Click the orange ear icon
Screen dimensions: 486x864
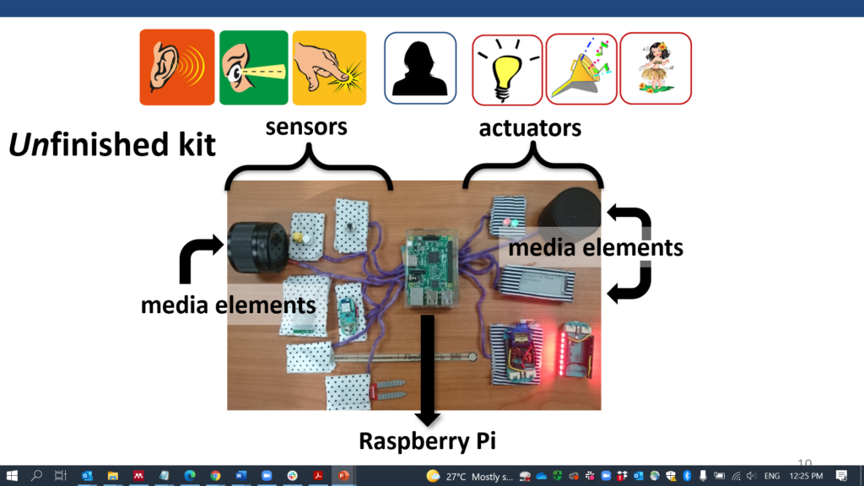177,67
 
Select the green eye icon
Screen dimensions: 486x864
254,67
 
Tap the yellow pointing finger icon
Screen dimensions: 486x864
329,67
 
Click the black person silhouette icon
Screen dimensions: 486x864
420,67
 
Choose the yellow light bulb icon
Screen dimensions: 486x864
506,69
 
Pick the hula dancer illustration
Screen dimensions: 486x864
656,69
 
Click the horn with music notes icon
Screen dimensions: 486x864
580,69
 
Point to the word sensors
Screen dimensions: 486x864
306,127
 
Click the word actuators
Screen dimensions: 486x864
530,128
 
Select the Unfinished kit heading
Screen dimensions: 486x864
112,145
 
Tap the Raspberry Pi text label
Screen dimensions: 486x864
426,441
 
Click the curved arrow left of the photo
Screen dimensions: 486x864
199,258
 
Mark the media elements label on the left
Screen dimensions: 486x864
228,305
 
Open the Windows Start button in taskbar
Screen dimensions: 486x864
12,476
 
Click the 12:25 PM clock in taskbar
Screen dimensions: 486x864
806,476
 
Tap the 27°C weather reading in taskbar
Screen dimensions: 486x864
456,476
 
